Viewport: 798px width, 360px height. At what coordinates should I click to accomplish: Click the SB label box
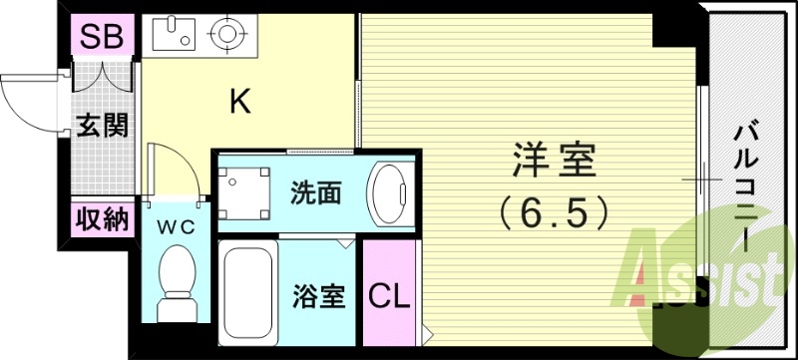tap(101, 39)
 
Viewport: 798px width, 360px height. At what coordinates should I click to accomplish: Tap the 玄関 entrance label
tap(103, 126)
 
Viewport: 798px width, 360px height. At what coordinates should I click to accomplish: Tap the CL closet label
tap(390, 296)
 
